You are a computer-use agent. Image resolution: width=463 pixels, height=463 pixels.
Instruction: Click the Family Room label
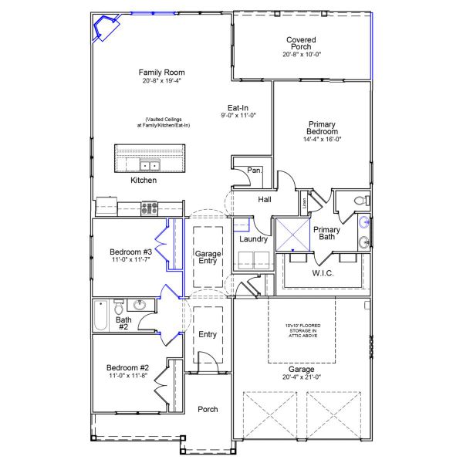pyautogui.click(x=161, y=73)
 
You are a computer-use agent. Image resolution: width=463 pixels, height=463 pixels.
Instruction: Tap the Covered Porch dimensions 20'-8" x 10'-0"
pyautogui.click(x=301, y=54)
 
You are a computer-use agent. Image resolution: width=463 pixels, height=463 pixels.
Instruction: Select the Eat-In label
pyautogui.click(x=237, y=108)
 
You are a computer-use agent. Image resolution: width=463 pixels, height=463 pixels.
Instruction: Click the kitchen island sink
pyautogui.click(x=149, y=165)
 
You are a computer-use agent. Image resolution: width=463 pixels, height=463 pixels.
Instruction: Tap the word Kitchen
pyautogui.click(x=144, y=181)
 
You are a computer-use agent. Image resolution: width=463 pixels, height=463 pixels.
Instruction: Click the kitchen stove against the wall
pyautogui.click(x=149, y=207)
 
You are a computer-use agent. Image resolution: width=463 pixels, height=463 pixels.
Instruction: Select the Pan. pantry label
pyautogui.click(x=254, y=171)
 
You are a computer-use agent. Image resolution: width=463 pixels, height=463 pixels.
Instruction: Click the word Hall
pyautogui.click(x=265, y=200)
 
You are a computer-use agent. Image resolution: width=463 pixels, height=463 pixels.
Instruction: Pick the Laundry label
pyautogui.click(x=253, y=239)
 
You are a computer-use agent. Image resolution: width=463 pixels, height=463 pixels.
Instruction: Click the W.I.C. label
pyautogui.click(x=323, y=272)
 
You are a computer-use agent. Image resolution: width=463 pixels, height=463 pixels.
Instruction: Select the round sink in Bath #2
pyautogui.click(x=140, y=305)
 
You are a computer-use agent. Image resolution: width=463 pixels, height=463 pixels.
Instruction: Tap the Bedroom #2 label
pyautogui.click(x=127, y=367)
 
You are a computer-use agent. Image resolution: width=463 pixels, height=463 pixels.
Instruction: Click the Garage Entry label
pyautogui.click(x=208, y=257)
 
